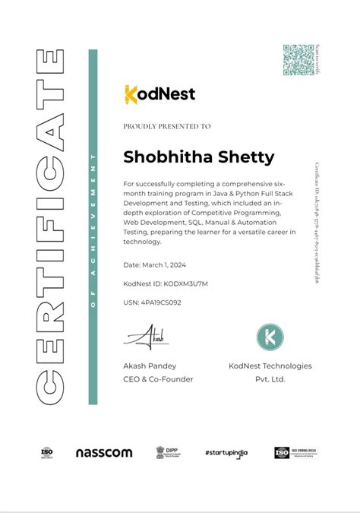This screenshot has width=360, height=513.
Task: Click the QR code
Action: (x=298, y=59)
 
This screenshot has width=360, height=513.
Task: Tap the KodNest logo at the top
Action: (x=159, y=94)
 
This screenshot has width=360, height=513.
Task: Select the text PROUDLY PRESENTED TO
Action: (x=166, y=126)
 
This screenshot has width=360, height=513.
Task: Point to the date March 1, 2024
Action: (x=155, y=265)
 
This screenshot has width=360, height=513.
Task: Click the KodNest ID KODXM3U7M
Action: (x=165, y=283)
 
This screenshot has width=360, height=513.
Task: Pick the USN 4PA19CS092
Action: (x=152, y=302)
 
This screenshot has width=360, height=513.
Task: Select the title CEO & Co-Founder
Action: (x=158, y=378)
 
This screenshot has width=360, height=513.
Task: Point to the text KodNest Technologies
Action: (x=270, y=366)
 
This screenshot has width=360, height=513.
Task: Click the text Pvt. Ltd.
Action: (x=270, y=378)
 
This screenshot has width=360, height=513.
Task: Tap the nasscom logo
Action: (x=104, y=453)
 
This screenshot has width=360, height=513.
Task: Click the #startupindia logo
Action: (x=227, y=453)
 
